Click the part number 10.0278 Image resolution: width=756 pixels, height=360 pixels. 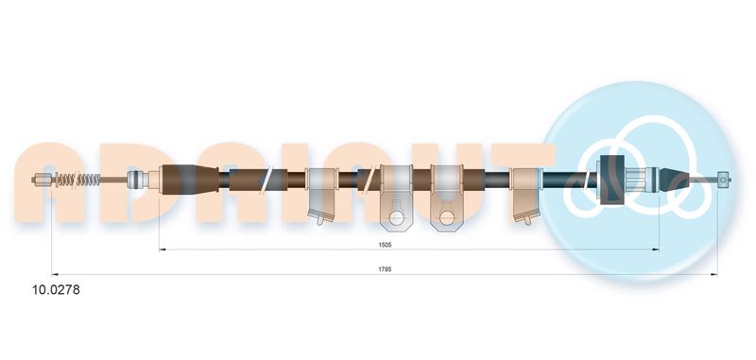point(56,290)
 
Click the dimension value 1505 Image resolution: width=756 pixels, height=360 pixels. point(385,245)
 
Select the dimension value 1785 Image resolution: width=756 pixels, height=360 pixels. point(385,269)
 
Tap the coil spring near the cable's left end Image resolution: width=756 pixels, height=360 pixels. point(78,180)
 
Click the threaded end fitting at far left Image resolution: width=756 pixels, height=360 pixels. point(42,180)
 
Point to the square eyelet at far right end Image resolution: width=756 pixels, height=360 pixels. point(722,180)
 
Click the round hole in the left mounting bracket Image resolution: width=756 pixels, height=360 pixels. point(396,218)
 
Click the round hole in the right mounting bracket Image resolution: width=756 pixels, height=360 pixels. point(446,218)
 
